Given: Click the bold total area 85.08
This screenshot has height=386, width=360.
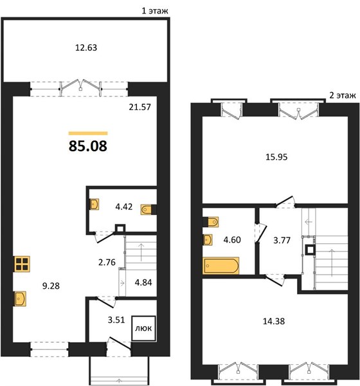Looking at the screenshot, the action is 88,146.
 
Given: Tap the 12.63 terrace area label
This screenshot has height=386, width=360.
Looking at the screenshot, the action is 86,48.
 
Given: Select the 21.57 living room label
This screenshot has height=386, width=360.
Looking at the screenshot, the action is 139,107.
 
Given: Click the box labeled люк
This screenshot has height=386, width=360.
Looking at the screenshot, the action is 144,328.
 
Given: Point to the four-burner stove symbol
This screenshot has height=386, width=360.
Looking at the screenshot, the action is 22,264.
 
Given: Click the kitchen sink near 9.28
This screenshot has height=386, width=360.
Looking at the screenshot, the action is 21,299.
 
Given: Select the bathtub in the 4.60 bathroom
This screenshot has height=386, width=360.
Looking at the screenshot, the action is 221,266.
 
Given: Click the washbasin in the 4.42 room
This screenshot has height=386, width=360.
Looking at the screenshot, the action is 94,204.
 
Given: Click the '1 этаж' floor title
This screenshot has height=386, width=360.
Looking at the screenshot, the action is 155,11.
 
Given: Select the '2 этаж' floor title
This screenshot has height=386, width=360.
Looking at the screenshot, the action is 343,95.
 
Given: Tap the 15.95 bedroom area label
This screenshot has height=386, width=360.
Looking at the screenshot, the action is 276,157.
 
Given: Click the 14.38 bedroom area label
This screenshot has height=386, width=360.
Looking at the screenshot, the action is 274,321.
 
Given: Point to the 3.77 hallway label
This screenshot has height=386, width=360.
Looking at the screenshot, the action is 282,240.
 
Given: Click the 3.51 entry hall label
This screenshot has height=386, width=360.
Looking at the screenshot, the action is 116,320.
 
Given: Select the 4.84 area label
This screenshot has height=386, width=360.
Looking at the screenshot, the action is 143,282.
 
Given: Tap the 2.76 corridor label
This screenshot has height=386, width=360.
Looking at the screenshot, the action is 107,262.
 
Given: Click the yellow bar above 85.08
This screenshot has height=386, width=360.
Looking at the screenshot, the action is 88,133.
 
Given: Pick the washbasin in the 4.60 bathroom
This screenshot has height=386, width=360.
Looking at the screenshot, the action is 208,240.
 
